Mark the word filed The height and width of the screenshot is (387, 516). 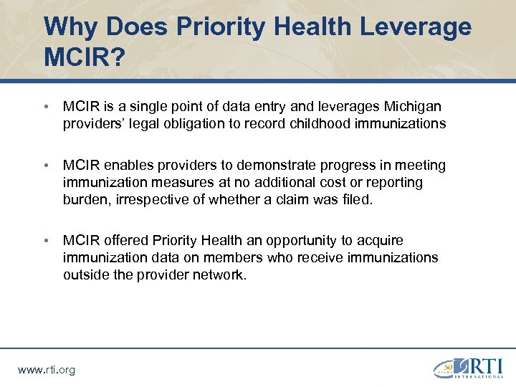[x=356, y=200]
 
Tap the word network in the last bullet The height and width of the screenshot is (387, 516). [x=221, y=274]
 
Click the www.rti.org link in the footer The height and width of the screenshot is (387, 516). [x=46, y=370]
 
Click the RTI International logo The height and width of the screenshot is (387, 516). [x=467, y=365]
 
